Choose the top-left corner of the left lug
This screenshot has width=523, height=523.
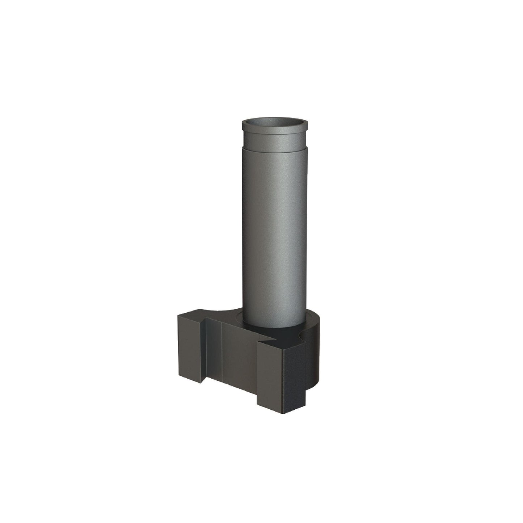178,315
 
